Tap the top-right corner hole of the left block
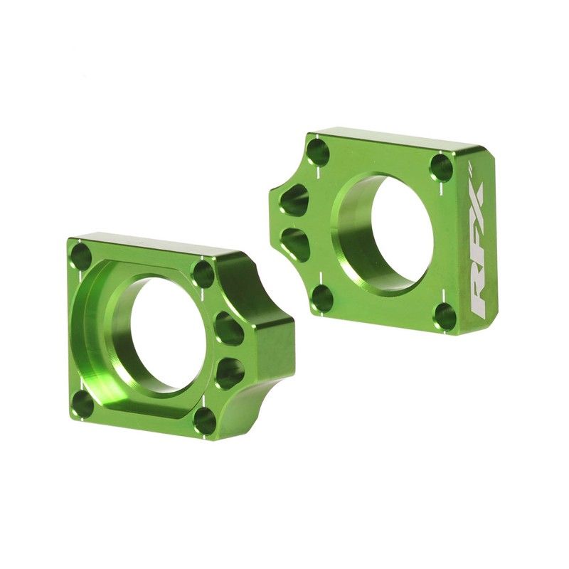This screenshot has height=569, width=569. pyautogui.click(x=203, y=274)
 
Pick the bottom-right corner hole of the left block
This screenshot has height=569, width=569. pyautogui.click(x=204, y=420)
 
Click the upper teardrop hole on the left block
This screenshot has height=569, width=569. pyautogui.click(x=229, y=329)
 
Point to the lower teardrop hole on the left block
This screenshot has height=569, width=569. pyautogui.click(x=229, y=372)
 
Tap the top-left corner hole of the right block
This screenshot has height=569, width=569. pyautogui.click(x=318, y=152)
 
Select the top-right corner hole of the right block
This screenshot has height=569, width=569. pyautogui.click(x=441, y=168)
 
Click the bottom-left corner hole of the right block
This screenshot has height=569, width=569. pyautogui.click(x=322, y=297)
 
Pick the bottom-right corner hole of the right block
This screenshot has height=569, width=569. pyautogui.click(x=445, y=315)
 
